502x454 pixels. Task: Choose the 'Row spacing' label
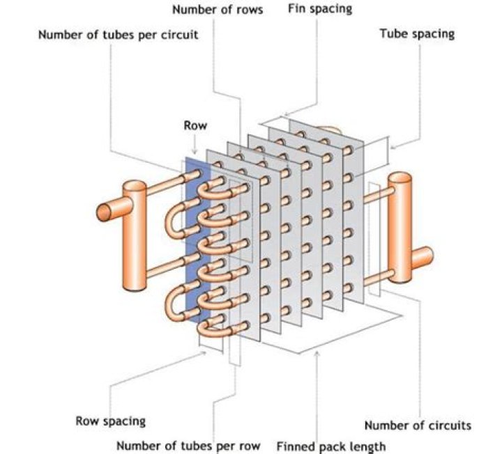[110, 421]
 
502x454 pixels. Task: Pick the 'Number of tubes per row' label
[188, 446]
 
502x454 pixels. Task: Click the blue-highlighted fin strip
[197, 237]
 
